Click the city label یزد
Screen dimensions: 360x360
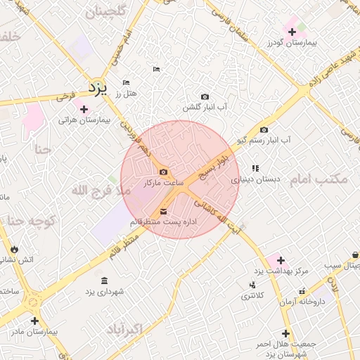[96, 87]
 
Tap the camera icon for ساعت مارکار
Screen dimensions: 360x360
[163, 172]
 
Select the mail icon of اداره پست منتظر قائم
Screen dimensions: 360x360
[163, 212]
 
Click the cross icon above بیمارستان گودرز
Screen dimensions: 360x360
[292, 32]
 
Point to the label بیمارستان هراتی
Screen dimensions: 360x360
[85, 120]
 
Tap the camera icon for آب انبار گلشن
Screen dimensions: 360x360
[205, 96]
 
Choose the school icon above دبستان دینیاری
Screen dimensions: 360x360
[255, 168]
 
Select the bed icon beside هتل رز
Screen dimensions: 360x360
[126, 82]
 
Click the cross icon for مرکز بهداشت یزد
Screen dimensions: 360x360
[281, 260]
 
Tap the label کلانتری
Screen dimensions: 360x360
[252, 296]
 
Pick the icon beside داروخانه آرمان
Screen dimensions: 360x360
[302, 290]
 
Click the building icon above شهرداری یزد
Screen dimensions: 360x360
[104, 281]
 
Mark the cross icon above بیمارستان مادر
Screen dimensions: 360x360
[34, 321]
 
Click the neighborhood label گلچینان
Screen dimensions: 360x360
[105, 13]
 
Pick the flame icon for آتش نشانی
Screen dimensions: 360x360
[13, 249]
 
